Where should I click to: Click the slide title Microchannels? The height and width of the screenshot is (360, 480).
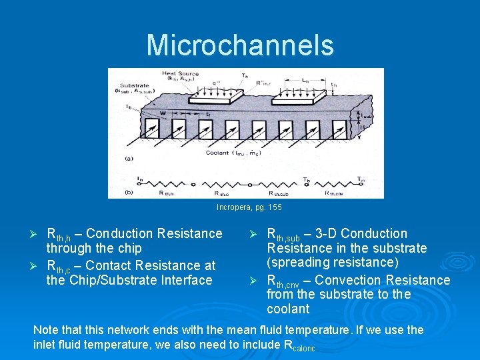240,45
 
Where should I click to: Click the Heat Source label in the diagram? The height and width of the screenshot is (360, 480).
180,73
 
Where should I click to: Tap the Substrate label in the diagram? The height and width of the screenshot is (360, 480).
135,86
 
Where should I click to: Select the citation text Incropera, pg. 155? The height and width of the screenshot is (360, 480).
249,207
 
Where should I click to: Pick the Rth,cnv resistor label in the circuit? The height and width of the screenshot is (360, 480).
334,193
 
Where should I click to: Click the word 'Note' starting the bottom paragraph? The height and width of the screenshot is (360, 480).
45,330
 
